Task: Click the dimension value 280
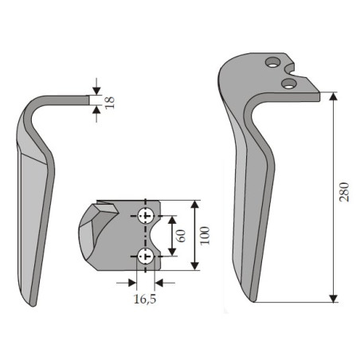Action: tap(344, 192)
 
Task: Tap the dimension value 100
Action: tap(205, 236)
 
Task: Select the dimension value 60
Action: tap(181, 236)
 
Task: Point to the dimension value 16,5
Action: tap(145, 299)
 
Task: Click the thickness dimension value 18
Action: tap(110, 102)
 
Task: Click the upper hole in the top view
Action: tap(146, 215)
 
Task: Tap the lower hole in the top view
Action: tap(146, 256)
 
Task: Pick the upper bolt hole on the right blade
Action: tap(273, 62)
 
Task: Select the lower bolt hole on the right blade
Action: tap(289, 83)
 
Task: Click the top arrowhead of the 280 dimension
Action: tap(333, 96)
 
